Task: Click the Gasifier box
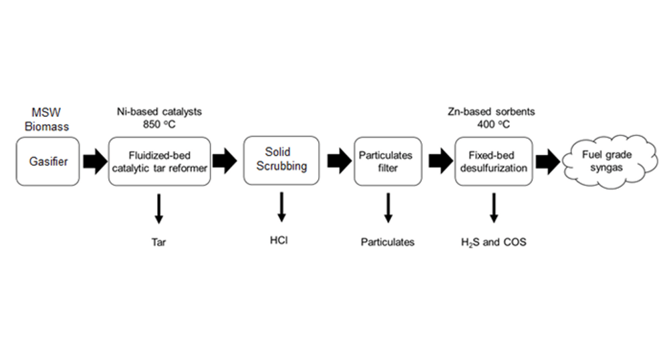coord(48,162)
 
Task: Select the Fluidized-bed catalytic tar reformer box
coord(159,162)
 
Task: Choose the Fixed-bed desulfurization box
coord(493,162)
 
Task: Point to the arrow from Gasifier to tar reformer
coord(93,162)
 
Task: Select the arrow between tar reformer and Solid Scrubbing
coord(225,162)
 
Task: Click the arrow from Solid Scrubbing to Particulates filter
coord(338,162)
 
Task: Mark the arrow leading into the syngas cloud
coord(547,162)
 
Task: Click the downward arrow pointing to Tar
coord(158,208)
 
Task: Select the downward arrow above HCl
coord(281,206)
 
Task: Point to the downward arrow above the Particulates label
coord(387,208)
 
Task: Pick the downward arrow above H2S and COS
coord(493,208)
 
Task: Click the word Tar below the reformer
coord(158,242)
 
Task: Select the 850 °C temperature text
coord(158,124)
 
